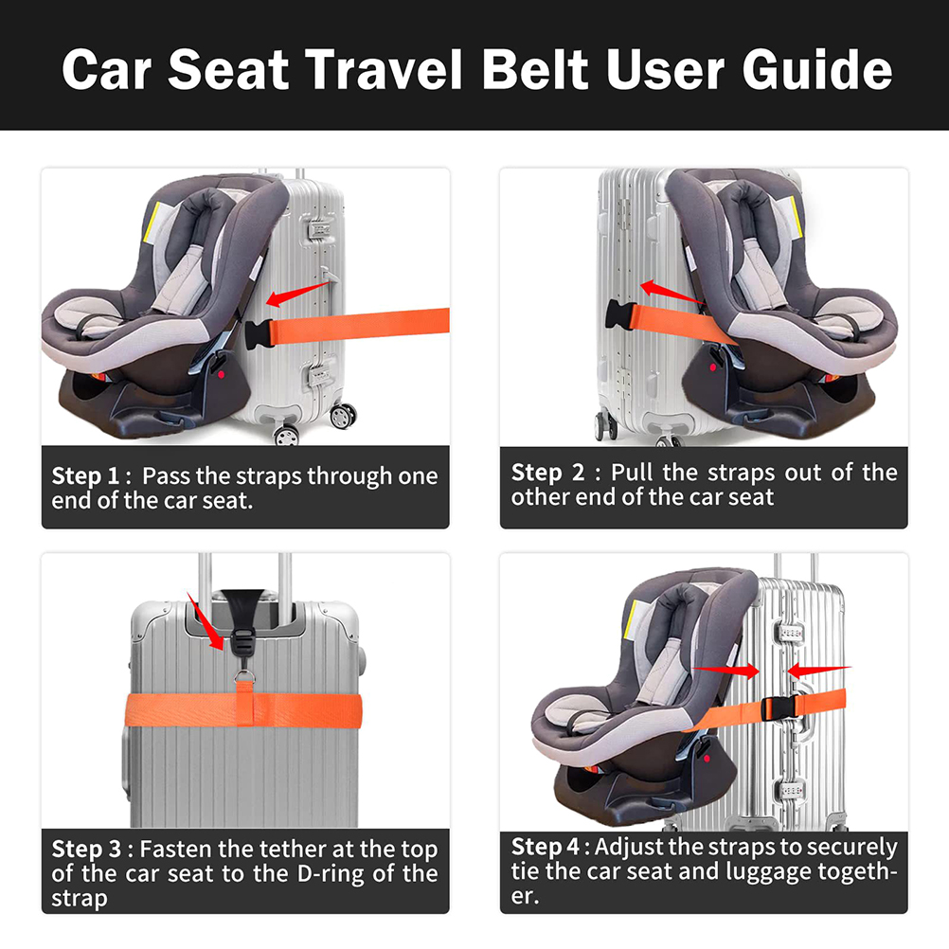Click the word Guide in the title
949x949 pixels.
(817, 70)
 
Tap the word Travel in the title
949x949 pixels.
(384, 69)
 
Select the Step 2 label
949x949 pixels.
(547, 473)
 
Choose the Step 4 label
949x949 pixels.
(546, 847)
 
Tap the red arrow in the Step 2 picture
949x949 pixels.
(671, 292)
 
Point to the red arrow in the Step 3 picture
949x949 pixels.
(206, 621)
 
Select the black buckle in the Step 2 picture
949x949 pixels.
(619, 314)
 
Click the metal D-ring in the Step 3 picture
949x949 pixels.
(245, 676)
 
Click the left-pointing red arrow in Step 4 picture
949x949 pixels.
(819, 670)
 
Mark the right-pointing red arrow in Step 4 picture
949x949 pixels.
(725, 670)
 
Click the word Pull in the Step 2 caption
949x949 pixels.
(633, 472)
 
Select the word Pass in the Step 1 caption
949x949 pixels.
(166, 476)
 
